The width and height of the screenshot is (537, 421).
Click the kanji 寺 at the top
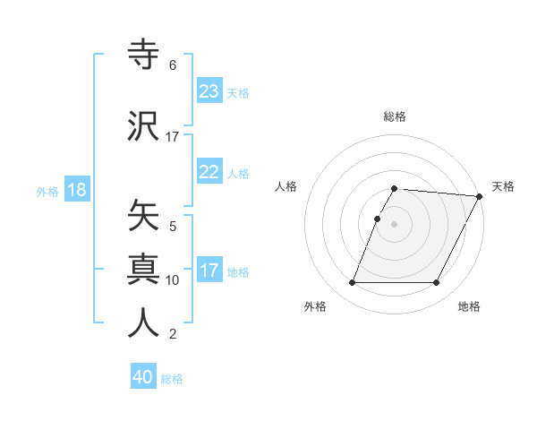[144, 56]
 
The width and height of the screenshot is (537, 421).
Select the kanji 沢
[144, 126]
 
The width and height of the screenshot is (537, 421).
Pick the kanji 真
[144, 269]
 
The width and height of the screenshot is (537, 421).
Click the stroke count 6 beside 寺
[173, 65]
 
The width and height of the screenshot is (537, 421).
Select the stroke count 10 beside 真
[173, 280]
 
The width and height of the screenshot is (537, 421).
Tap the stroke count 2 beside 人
[173, 335]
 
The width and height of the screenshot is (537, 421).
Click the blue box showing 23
[209, 91]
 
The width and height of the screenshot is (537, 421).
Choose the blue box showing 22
[209, 172]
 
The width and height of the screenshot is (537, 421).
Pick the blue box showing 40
[143, 377]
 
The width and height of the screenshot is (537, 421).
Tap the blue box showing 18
[76, 191]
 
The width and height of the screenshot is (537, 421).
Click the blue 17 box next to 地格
[209, 271]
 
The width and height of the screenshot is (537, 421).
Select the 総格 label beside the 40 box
[172, 379]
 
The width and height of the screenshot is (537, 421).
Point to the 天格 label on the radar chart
[503, 186]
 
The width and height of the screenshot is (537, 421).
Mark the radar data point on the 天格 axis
[479, 196]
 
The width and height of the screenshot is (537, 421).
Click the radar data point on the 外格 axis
[352, 283]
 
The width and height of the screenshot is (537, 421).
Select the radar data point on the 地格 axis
[437, 283]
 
